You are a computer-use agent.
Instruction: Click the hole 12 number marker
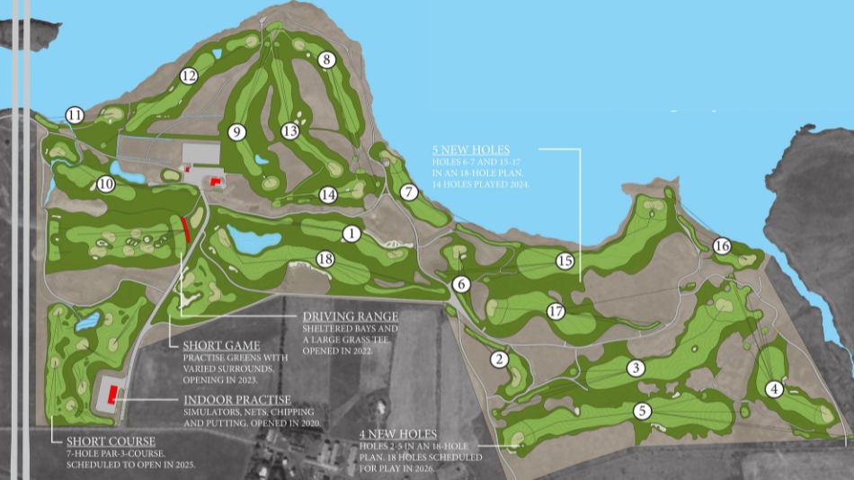pyautogui.click(x=188, y=76)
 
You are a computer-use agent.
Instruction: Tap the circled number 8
pyautogui.click(x=327, y=60)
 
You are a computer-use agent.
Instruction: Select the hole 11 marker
pyautogui.click(x=75, y=115)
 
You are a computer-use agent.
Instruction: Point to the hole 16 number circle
pyautogui.click(x=722, y=246)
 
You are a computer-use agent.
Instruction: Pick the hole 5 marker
pyautogui.click(x=642, y=411)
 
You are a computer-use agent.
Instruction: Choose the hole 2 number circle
pyautogui.click(x=499, y=360)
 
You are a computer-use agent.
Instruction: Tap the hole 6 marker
pyautogui.click(x=462, y=284)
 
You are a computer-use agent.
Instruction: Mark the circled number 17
pyautogui.click(x=556, y=312)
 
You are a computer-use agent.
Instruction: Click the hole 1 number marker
pyautogui.click(x=351, y=234)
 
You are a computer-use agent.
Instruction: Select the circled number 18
pyautogui.click(x=325, y=260)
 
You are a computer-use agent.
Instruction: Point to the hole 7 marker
pyautogui.click(x=410, y=192)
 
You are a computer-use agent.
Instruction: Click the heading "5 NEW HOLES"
pyautogui.click(x=470, y=149)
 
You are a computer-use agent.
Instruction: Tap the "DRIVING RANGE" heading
pyautogui.click(x=350, y=316)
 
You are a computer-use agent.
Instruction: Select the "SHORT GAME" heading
pyautogui.click(x=221, y=346)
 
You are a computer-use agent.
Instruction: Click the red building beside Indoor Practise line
pyautogui.click(x=114, y=393)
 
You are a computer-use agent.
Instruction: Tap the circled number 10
pyautogui.click(x=106, y=184)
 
